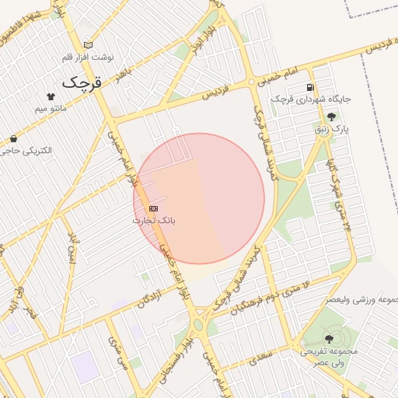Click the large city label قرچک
82,81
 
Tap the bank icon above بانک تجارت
153,208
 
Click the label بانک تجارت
154,220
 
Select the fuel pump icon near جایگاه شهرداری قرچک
311,87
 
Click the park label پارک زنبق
332,128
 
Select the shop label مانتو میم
51,109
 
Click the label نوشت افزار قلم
88,58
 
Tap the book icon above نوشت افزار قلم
88,45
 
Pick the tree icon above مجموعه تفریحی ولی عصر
329,338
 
